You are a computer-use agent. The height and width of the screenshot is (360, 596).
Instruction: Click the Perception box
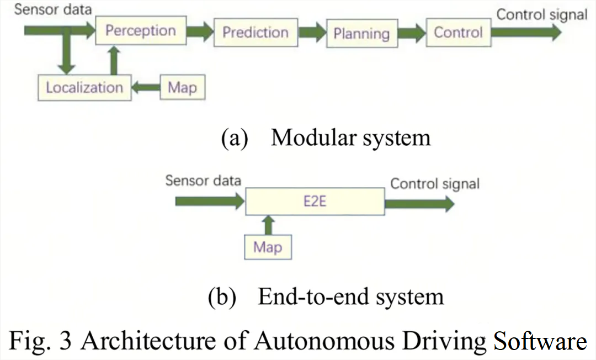click(x=141, y=30)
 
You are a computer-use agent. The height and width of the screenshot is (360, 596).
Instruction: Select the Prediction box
click(x=256, y=33)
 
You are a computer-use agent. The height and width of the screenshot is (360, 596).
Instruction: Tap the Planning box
click(x=362, y=34)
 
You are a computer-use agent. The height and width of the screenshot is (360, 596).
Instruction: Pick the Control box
click(x=459, y=33)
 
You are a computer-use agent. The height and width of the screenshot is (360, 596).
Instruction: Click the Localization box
click(x=85, y=87)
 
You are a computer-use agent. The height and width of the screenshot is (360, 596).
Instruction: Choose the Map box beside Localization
click(x=183, y=87)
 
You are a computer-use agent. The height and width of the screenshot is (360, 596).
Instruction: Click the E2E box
click(x=315, y=201)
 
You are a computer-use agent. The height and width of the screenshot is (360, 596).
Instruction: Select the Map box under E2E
click(x=268, y=247)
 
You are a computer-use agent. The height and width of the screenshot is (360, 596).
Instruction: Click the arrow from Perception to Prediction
click(x=200, y=31)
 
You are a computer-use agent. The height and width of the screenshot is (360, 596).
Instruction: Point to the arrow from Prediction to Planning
click(x=312, y=33)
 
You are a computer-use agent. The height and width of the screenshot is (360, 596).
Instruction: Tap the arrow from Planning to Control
click(x=412, y=33)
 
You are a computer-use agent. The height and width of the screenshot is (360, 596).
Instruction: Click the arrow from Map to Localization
click(x=146, y=87)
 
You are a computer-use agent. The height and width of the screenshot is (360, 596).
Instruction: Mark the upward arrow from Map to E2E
click(x=268, y=225)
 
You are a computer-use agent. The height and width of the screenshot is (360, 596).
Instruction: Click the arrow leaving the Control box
click(x=526, y=33)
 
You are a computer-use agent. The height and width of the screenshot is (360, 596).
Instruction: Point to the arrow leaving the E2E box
click(x=419, y=204)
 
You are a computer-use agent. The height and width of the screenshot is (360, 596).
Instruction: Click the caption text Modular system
click(x=351, y=137)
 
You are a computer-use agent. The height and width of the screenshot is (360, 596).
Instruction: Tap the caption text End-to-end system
click(x=351, y=297)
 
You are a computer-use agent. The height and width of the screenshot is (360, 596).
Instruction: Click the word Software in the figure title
click(x=540, y=340)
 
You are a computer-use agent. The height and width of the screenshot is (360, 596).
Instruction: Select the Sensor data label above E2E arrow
click(x=203, y=181)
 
